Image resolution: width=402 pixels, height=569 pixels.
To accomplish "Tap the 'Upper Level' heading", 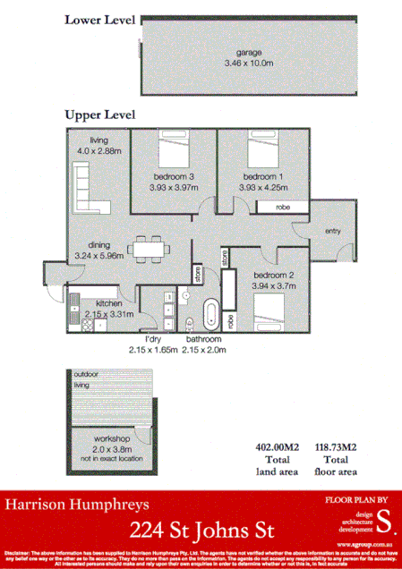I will pyautogui.click(x=99, y=115).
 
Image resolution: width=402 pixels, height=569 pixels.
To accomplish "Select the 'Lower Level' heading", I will pyautogui.click(x=99, y=19).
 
